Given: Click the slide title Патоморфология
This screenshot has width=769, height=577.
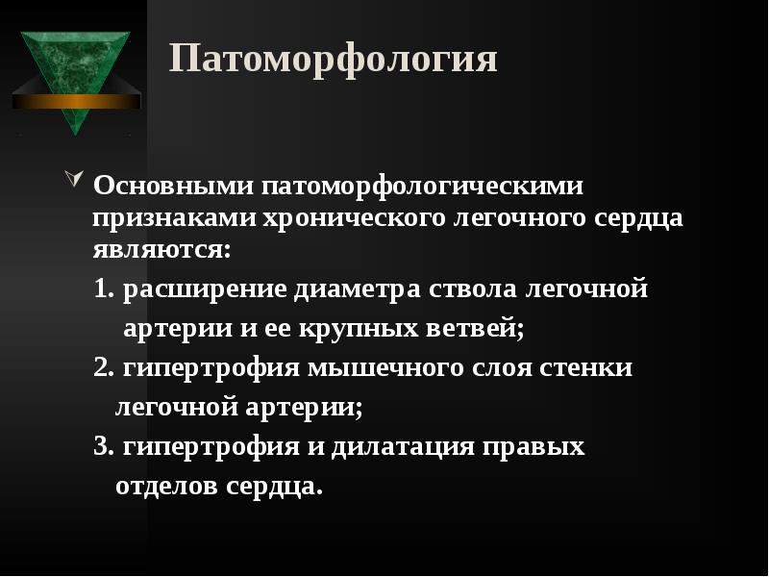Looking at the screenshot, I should pyautogui.click(x=334, y=60).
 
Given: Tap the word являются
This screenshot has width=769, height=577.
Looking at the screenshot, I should pyautogui.click(x=161, y=250).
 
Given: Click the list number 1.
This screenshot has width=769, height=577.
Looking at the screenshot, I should pyautogui.click(x=104, y=288).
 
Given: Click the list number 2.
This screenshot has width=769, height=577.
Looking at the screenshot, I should pyautogui.click(x=104, y=367).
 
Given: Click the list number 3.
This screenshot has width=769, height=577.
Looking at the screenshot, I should pyautogui.click(x=104, y=447).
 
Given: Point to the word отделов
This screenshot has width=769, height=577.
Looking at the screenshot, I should pyautogui.click(x=166, y=487).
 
